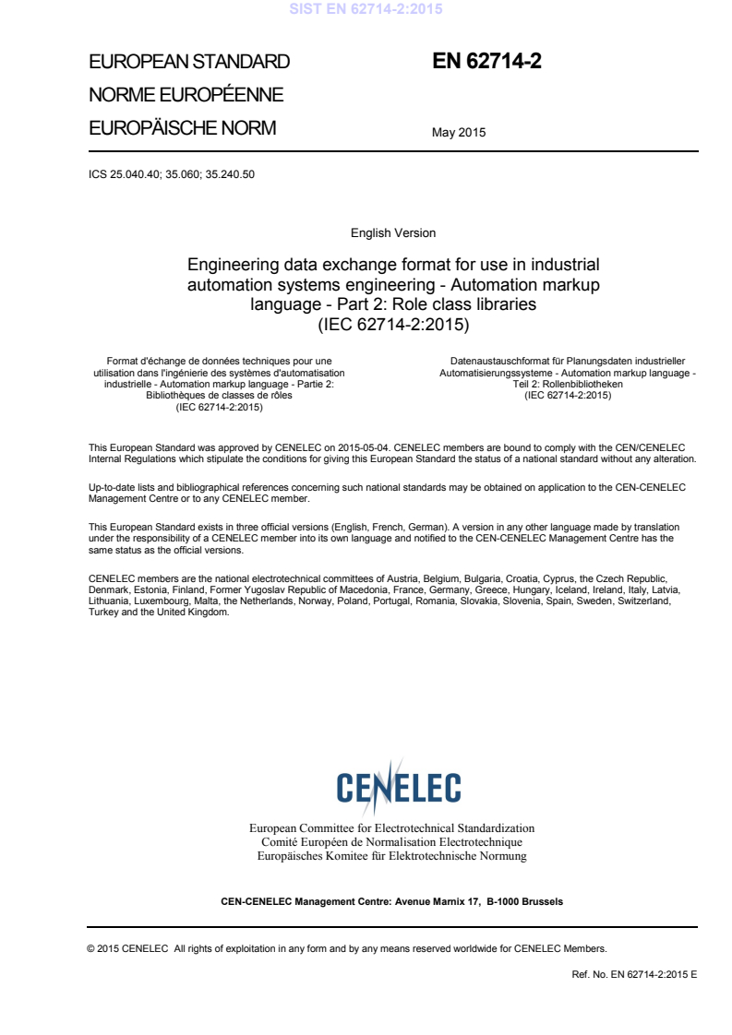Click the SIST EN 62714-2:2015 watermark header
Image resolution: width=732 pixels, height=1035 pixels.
click(x=366, y=10)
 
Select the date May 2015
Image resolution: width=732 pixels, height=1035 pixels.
click(x=459, y=133)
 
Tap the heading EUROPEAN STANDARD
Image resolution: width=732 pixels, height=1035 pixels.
click(x=188, y=63)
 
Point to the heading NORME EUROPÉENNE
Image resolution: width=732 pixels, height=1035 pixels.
click(x=185, y=95)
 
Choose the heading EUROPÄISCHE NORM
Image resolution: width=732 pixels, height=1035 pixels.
click(x=182, y=128)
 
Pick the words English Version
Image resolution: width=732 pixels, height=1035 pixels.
click(x=393, y=233)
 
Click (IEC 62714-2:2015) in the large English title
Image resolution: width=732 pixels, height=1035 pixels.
click(x=393, y=324)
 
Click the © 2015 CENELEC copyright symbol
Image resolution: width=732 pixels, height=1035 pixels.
click(x=90, y=948)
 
